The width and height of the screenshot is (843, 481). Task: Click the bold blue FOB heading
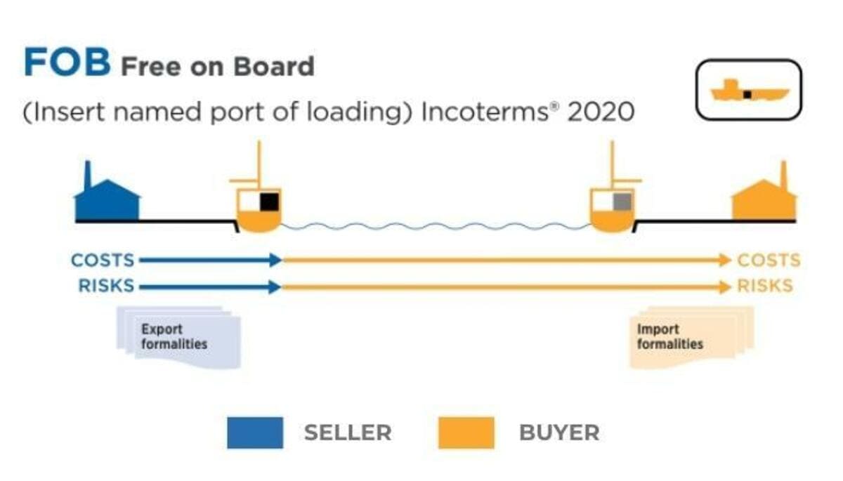67,64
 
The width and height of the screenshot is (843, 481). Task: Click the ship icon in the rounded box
749,91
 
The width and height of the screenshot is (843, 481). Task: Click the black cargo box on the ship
269,202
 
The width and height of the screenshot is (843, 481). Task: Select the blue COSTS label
103,261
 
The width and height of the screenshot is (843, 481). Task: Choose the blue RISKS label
107,286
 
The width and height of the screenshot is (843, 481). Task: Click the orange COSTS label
769,261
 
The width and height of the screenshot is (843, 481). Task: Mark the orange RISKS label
765,286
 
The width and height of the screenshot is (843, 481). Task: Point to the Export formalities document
179,337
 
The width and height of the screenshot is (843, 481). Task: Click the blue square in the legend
255,433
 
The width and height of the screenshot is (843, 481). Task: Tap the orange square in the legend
466,433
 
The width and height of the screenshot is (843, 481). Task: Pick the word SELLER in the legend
348,433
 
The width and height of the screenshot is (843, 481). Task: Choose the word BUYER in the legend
559,433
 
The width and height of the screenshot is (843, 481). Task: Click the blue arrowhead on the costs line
275,261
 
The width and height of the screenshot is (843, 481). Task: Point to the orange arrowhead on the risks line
725,286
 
